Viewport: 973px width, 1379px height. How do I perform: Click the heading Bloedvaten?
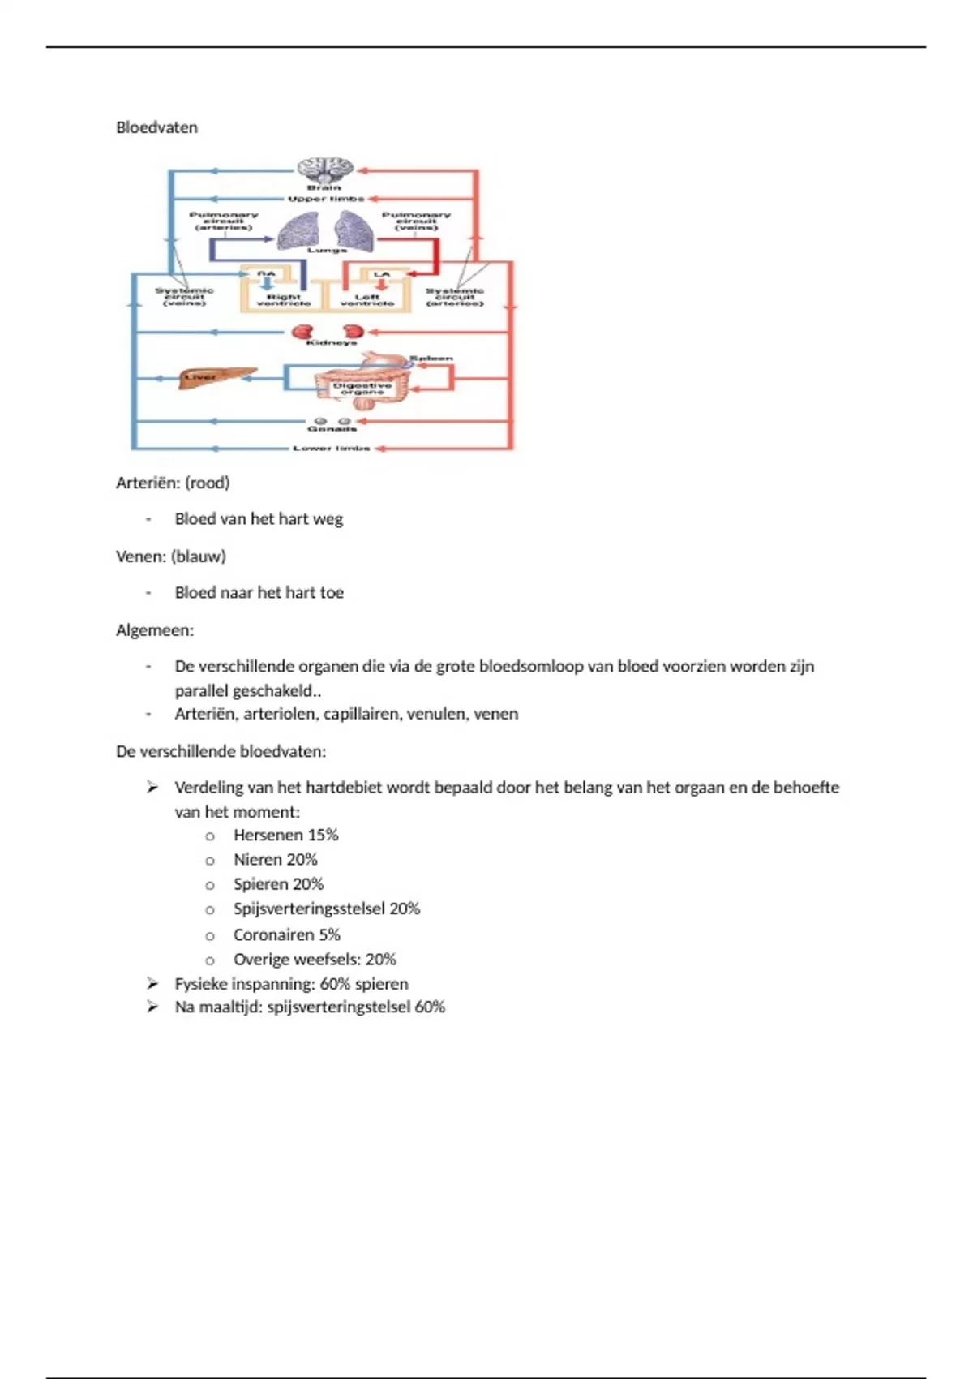[156, 127]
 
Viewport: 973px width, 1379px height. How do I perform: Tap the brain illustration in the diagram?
[324, 169]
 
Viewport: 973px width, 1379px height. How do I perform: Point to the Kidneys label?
[331, 343]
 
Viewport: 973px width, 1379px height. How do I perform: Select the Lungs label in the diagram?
[327, 251]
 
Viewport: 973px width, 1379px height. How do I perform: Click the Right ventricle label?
[284, 300]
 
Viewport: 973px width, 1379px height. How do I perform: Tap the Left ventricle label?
[367, 300]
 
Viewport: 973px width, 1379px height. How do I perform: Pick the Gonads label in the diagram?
[332, 429]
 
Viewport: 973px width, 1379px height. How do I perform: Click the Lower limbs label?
[331, 448]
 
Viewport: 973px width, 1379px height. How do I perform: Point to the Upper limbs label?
[326, 199]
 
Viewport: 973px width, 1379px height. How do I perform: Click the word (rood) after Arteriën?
[208, 483]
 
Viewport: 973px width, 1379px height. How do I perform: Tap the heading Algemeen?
[155, 630]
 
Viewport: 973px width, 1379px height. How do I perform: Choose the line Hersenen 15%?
[285, 835]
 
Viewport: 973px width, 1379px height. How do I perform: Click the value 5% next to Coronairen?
[329, 934]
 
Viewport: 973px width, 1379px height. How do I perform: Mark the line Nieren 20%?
[275, 859]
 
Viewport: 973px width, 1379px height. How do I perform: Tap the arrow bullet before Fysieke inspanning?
[152, 983]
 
